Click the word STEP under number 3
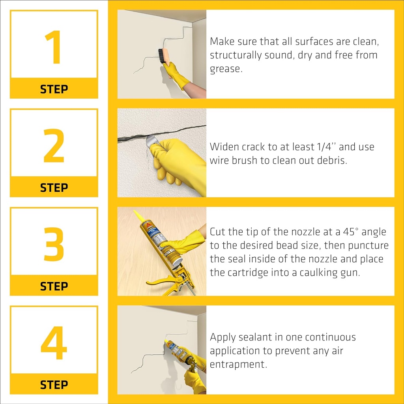(x=54, y=286)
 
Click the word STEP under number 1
(x=54, y=89)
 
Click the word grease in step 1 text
(x=225, y=69)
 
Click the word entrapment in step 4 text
(x=239, y=365)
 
